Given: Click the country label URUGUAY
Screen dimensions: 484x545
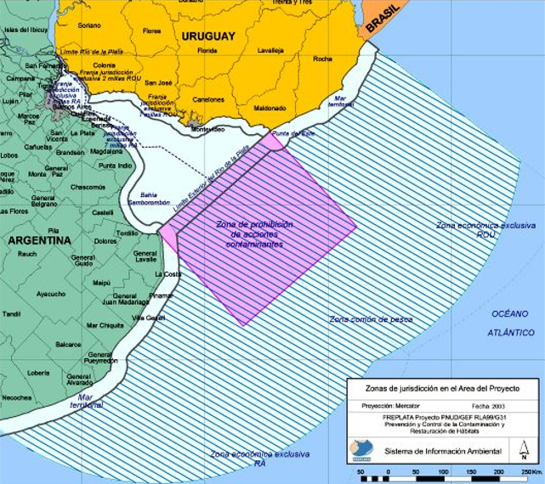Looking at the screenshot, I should point(207,37).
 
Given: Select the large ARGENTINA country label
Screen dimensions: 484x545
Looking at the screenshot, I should point(39,240).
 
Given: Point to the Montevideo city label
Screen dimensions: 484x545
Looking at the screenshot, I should point(207,130).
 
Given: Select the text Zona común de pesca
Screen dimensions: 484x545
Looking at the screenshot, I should point(372,319).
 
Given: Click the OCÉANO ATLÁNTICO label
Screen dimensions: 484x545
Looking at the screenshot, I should point(512,323).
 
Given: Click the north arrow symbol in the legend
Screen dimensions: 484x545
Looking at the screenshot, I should point(523,451).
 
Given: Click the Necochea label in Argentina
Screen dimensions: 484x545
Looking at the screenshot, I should point(17,397).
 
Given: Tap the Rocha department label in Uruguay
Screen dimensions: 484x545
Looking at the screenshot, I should point(322,59).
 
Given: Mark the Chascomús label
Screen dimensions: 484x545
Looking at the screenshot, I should point(88,187).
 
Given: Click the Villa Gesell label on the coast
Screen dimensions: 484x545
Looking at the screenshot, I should point(148,318).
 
